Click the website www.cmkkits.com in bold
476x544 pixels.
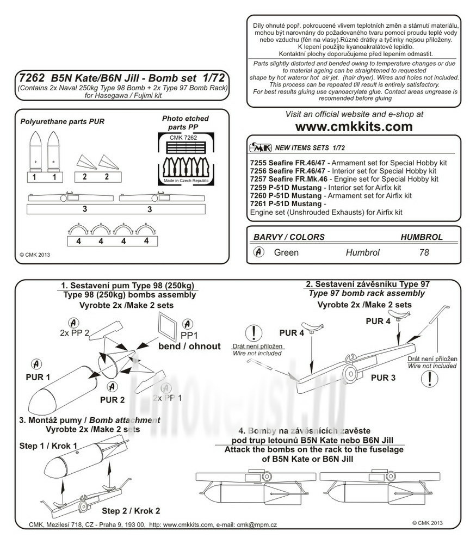354,127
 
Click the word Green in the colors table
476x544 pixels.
286,253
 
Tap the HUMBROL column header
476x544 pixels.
422,237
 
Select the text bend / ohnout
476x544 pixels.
189,346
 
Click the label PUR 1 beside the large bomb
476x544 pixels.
37,376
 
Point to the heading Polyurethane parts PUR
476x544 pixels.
61,122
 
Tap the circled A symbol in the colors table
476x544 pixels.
259,252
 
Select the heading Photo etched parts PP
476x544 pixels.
185,122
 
